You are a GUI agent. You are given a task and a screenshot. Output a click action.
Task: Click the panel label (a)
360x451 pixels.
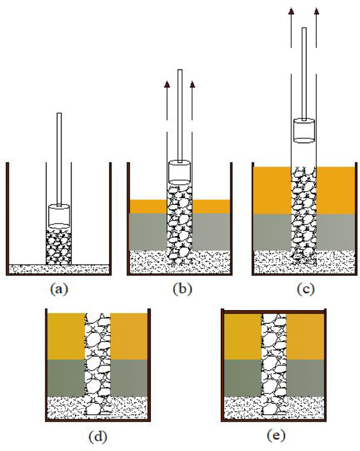[x=58, y=289]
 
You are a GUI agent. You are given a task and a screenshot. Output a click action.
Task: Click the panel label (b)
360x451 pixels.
[x=179, y=289]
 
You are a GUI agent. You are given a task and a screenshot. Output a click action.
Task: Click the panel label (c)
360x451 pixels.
[x=304, y=289]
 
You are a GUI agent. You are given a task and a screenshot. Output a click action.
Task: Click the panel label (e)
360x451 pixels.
[x=275, y=436]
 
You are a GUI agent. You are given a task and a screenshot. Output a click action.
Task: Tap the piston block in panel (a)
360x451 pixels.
[x=59, y=216]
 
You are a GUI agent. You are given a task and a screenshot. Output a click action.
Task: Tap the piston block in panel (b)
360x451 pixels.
[x=179, y=172]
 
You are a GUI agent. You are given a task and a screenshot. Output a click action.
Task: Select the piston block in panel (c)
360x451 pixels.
[x=304, y=130]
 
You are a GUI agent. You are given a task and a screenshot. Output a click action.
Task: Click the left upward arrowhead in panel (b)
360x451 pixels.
[x=167, y=84]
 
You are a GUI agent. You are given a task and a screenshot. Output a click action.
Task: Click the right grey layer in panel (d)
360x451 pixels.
[x=129, y=377]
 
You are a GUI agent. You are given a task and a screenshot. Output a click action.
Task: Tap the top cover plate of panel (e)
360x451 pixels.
[x=275, y=311]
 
